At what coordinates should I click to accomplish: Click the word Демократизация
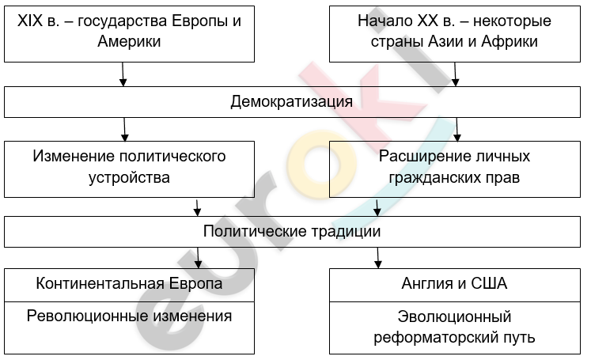[x=292, y=101]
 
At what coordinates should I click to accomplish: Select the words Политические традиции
[x=292, y=231]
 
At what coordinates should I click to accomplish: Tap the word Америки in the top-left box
[x=129, y=41]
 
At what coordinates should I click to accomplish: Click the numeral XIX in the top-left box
[x=30, y=21]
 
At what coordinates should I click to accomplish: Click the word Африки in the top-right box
[x=510, y=41]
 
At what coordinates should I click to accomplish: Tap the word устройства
[x=129, y=177]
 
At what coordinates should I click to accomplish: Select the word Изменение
[x=72, y=157]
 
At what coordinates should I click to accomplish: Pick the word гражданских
[x=428, y=177]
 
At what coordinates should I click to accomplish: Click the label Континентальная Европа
[x=129, y=284]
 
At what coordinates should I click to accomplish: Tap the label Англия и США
[x=454, y=284]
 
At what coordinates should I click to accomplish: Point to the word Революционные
[x=87, y=316]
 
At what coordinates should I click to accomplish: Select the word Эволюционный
[x=454, y=317]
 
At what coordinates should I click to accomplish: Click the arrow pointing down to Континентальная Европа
[x=199, y=258]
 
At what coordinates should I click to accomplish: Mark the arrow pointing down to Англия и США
[x=378, y=258]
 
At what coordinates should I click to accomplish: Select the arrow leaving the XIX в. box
[x=123, y=74]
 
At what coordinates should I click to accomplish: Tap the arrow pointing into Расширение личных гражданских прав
[x=457, y=129]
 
